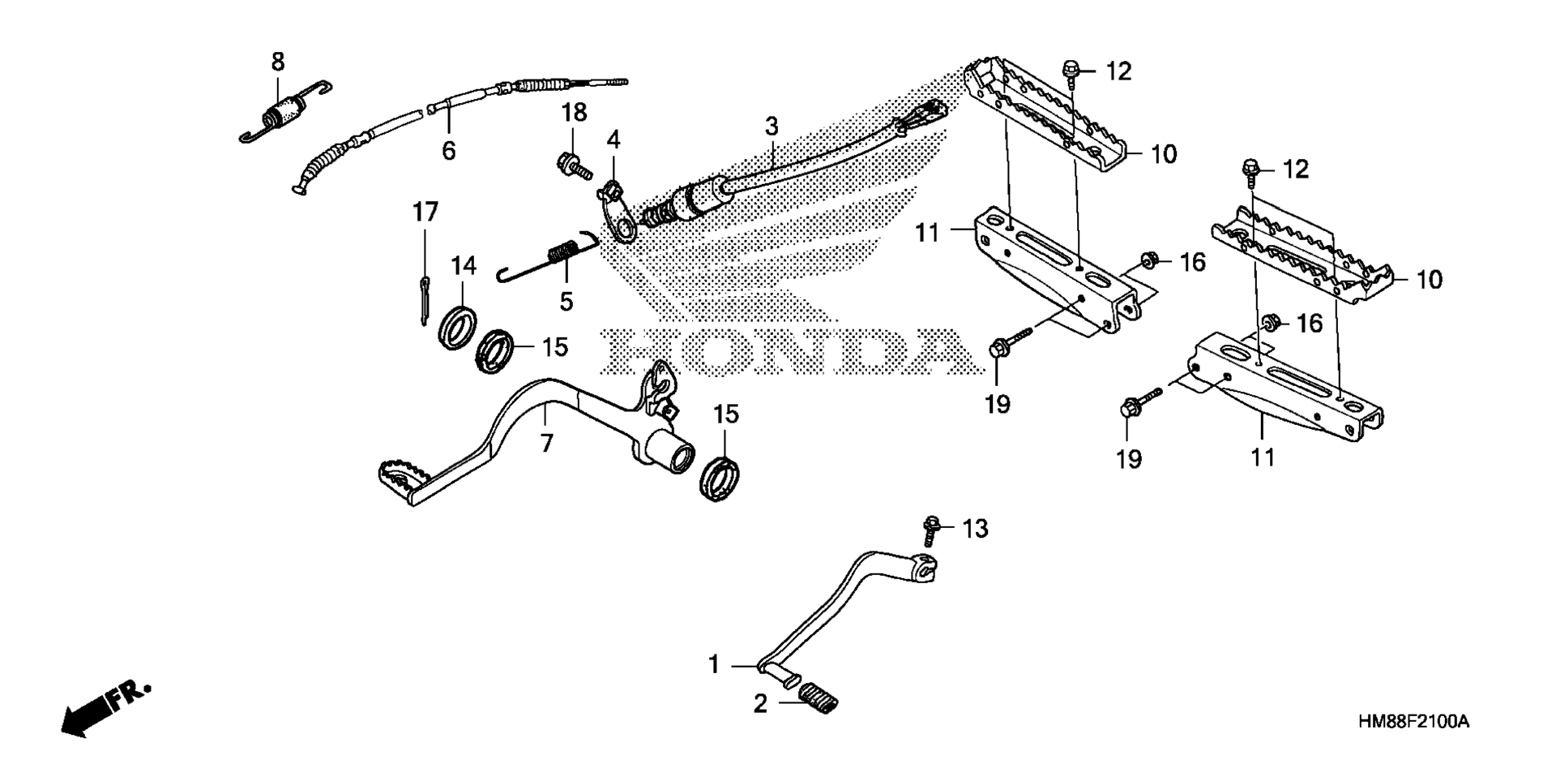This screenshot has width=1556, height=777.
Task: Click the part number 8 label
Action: tap(278, 61)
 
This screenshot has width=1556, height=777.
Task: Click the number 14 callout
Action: tap(464, 266)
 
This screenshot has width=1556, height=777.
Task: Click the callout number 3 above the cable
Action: tap(772, 127)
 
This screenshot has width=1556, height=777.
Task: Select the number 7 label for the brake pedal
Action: tap(547, 443)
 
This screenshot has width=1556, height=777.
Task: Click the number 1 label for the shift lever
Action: tap(714, 665)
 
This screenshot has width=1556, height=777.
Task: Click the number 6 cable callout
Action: tap(448, 150)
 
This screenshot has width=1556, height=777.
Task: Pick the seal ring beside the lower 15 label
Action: tap(720, 479)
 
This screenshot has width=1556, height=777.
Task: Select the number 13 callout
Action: tap(975, 529)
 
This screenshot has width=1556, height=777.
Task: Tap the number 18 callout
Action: tap(575, 113)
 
